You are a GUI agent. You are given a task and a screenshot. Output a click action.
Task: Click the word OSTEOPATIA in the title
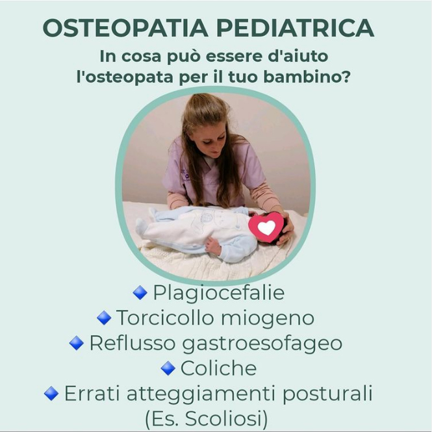click(x=125, y=28)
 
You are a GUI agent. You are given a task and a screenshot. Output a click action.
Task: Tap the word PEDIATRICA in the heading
click(x=296, y=28)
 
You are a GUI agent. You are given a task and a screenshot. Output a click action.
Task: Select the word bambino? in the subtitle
click(x=307, y=76)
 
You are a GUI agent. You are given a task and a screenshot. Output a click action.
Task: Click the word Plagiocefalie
click(x=219, y=292)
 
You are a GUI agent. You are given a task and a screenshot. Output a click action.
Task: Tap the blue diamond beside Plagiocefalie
click(x=140, y=292)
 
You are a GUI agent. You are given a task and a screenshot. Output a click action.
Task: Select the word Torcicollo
click(x=165, y=318)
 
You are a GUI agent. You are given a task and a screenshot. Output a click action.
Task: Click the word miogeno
click(x=268, y=319)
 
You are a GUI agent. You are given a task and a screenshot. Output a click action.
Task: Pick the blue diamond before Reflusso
click(x=77, y=343)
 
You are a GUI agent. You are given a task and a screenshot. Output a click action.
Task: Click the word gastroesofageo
click(x=262, y=344)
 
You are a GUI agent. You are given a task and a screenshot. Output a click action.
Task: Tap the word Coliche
click(x=218, y=368)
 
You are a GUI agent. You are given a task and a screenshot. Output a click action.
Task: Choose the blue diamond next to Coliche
click(x=168, y=368)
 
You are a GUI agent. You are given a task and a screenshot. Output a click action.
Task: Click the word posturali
click(x=327, y=394)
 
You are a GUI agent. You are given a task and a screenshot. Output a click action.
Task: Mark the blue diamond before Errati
click(x=51, y=393)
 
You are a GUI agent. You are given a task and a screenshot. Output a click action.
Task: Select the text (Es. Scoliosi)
click(x=207, y=419)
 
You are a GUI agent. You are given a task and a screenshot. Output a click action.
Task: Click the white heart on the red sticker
click(x=266, y=227)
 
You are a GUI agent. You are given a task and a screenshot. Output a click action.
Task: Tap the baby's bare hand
click(x=213, y=246)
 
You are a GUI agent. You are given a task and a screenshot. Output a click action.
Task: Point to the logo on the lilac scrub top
click(x=185, y=175)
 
